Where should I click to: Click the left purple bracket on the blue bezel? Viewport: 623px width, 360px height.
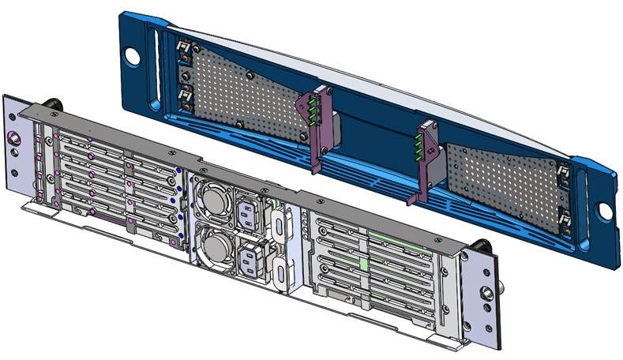coord(317,130)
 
